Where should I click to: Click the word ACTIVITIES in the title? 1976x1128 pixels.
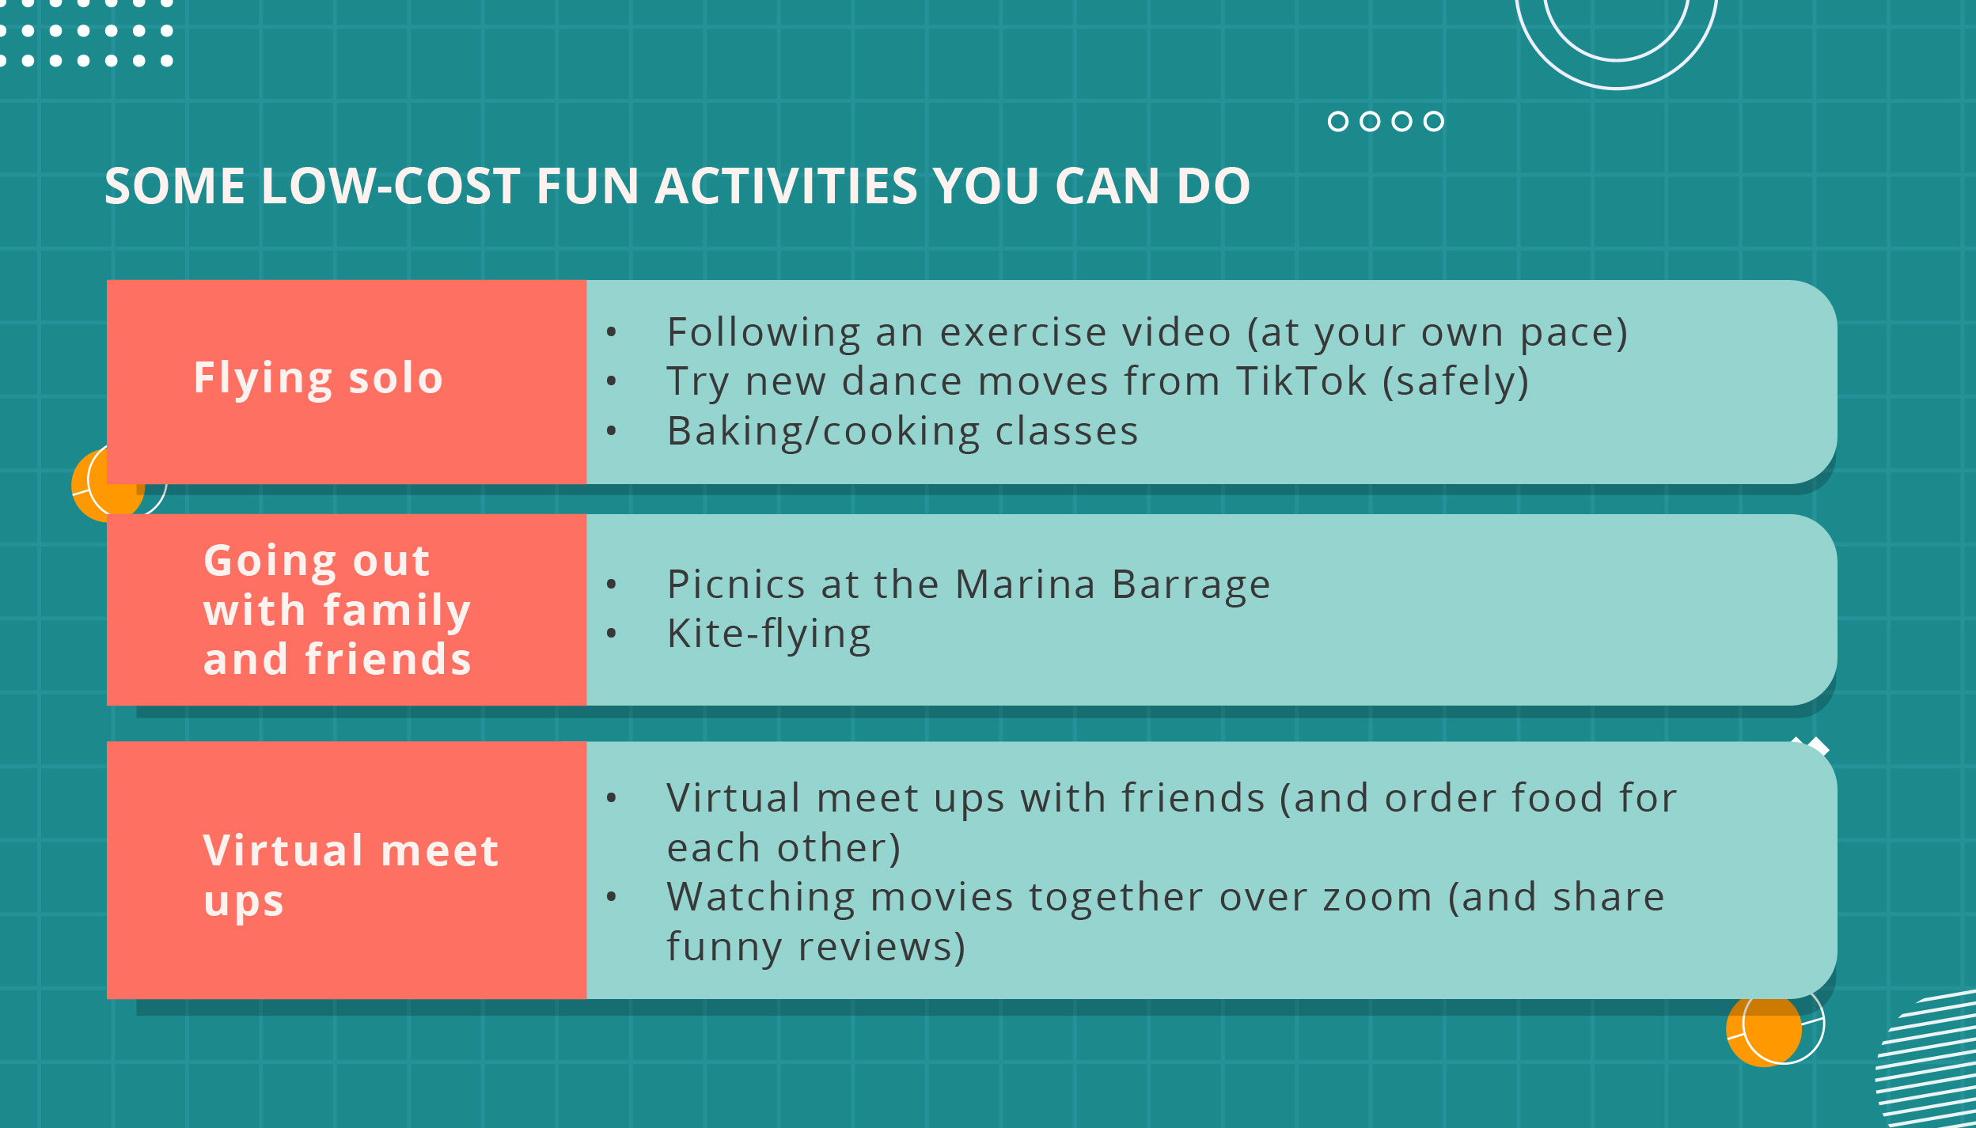786,186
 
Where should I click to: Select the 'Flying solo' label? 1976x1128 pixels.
318,378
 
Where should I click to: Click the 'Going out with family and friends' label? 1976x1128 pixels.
337,609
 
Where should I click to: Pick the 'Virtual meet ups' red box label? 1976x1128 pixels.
351,876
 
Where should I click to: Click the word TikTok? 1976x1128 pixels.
1301,381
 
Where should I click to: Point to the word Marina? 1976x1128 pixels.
1025,585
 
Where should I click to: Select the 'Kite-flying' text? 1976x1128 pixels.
768,635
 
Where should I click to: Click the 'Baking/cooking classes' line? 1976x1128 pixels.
902,432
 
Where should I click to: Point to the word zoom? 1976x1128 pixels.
1377,898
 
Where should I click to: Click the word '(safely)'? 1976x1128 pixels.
1455,382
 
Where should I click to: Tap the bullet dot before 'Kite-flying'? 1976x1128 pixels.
611,633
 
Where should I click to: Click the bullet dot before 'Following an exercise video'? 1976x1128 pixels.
611,331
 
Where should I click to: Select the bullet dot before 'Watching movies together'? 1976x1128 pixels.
611,896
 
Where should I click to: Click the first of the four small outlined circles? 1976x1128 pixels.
1338,121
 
